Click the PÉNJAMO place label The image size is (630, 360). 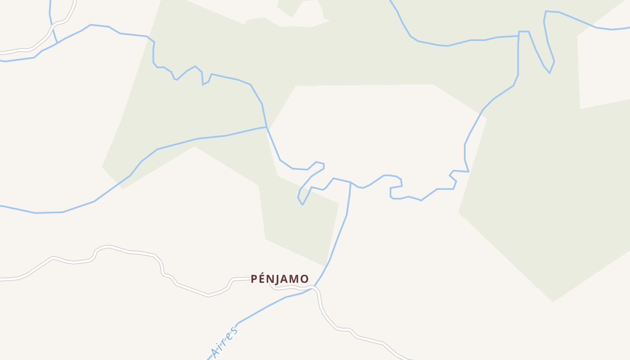click(x=279, y=279)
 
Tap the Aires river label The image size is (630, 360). click(x=224, y=343)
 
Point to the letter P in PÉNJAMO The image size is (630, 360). click(x=254, y=279)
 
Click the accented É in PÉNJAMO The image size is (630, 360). click(x=262, y=279)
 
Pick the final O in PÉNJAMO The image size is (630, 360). click(x=305, y=279)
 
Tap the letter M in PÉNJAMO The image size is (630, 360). click(x=294, y=279)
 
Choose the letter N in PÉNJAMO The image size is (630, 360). click(x=270, y=279)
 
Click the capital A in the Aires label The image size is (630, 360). click(x=216, y=354)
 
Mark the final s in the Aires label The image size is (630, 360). click(x=233, y=332)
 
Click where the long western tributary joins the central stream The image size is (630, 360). click(x=267, y=127)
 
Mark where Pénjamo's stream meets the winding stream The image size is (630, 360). click(x=351, y=183)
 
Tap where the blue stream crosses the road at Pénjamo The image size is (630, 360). click(x=314, y=287)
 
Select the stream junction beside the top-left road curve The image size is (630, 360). click(x=57, y=42)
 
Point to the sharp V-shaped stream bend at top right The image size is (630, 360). click(x=549, y=72)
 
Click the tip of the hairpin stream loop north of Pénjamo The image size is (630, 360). click(x=302, y=204)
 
